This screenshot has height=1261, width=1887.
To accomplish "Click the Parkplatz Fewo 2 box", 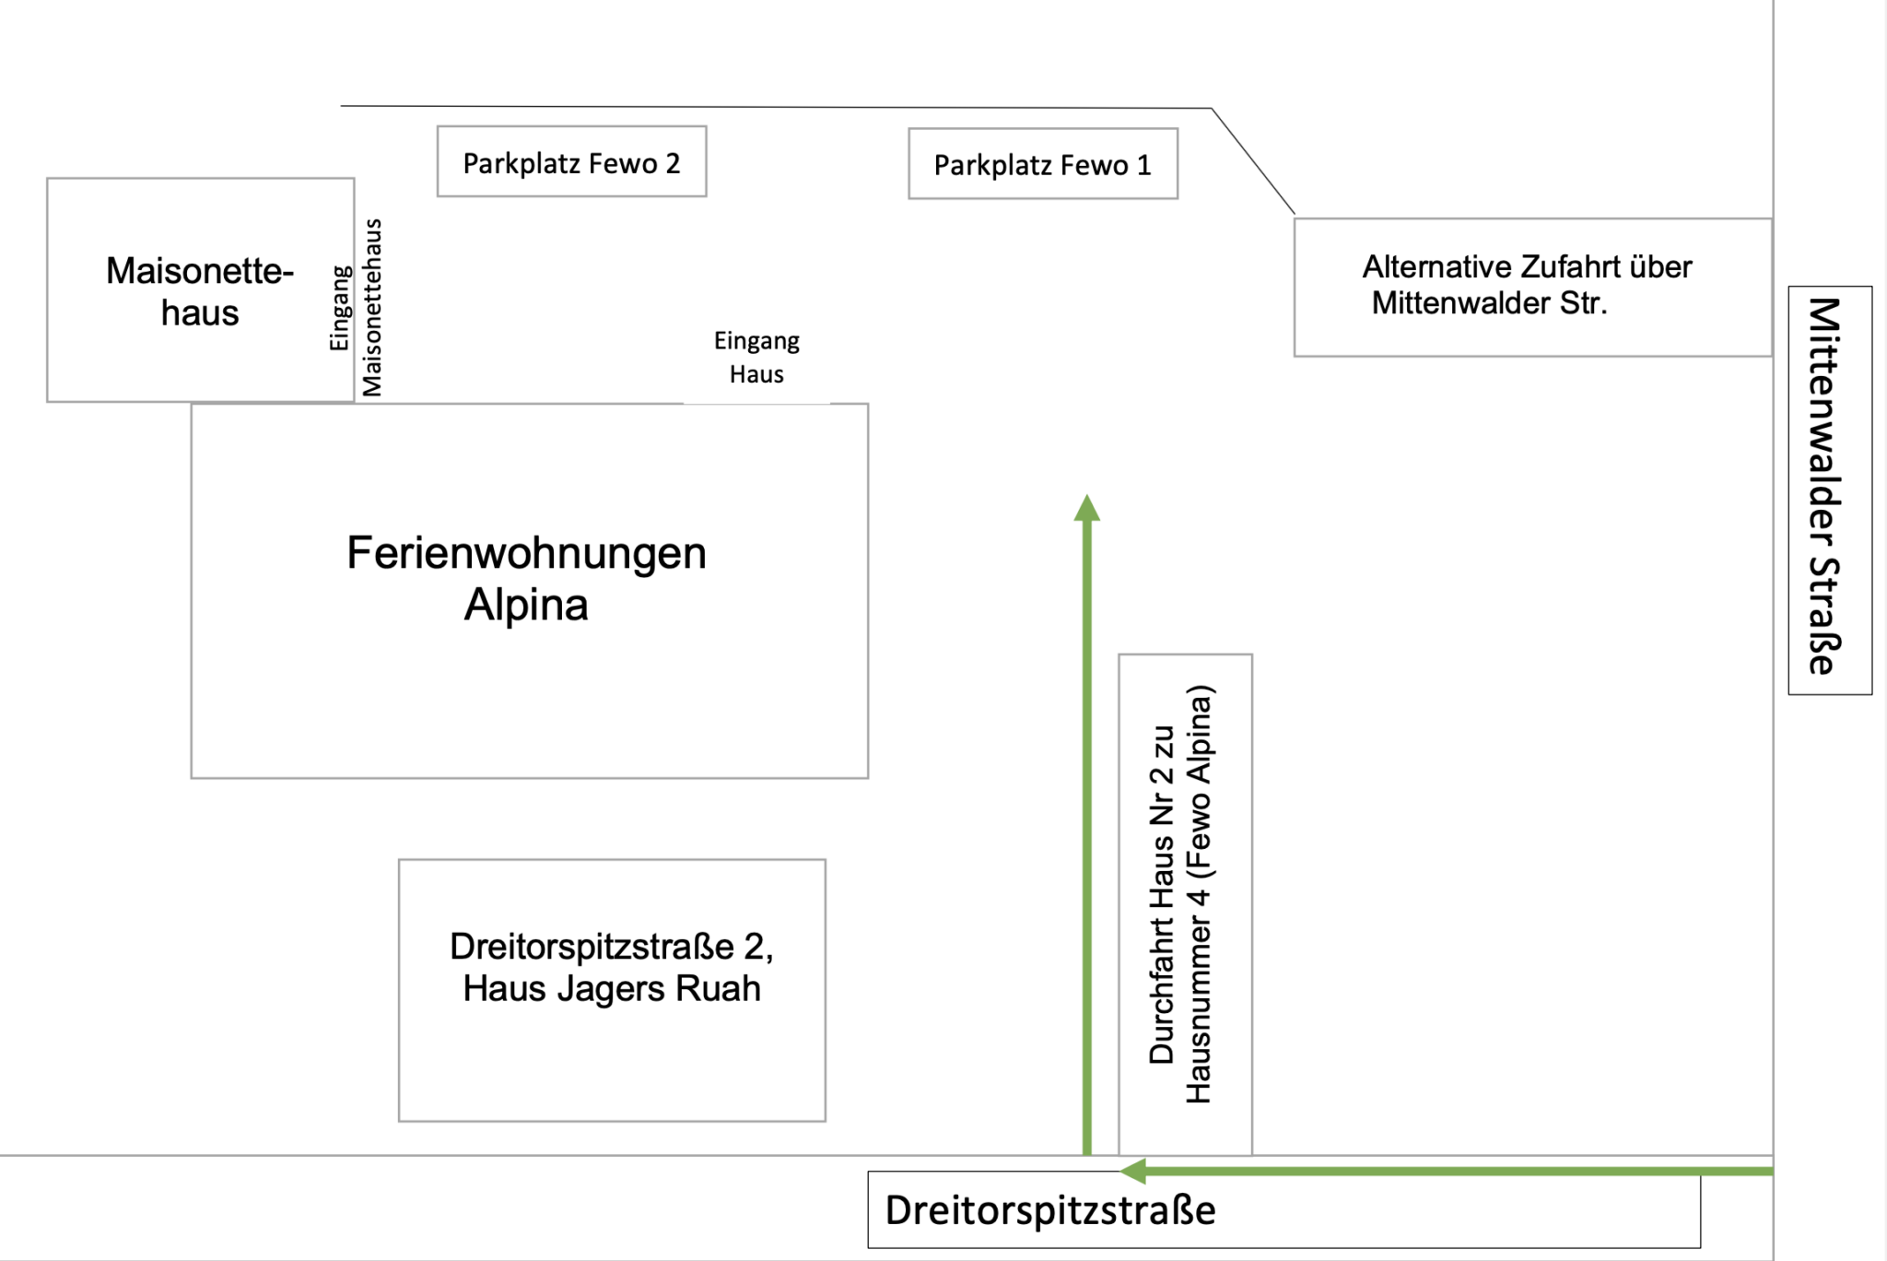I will pos(571,161).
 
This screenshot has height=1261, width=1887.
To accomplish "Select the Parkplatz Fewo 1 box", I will pos(1042,164).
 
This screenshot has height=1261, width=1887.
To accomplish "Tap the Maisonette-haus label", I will pos(200,291).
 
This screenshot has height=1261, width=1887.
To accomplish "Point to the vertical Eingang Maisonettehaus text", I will pos(357,308).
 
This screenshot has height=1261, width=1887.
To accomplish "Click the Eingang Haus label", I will pos(756,358).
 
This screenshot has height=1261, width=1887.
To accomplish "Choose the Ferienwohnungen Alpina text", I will pos(526,578).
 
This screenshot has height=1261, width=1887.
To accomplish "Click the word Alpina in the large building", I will pos(526,606).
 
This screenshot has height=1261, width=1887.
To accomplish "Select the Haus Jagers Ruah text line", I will pos(612,989).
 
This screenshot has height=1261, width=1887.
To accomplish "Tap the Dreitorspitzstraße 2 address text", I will pos(612,947).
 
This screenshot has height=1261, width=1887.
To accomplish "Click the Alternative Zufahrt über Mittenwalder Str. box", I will pos(1531,286).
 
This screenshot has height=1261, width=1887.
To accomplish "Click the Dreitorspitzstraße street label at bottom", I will pos(1050,1210).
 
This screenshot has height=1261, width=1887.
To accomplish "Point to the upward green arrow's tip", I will pos(1087,499).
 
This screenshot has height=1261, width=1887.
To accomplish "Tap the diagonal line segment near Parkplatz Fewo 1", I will pos(1253,161).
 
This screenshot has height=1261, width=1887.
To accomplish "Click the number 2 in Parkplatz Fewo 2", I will pos(673,163).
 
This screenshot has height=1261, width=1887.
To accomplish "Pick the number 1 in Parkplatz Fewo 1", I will pos(1143,165).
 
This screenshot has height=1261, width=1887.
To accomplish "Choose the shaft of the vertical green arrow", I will pos(1087,830).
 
